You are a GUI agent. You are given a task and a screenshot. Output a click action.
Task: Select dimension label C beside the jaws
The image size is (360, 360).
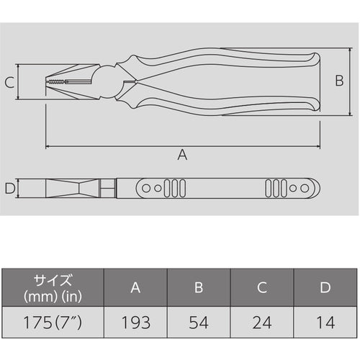tap(9, 84)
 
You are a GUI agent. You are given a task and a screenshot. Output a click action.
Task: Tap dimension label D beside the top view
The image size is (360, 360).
tap(9, 189)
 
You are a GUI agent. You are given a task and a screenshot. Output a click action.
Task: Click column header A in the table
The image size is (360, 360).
tap(135, 288)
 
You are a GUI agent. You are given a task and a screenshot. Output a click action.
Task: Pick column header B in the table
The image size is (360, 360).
tap(199, 288)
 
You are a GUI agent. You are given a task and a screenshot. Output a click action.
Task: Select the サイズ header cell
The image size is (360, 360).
tap(52, 288)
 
